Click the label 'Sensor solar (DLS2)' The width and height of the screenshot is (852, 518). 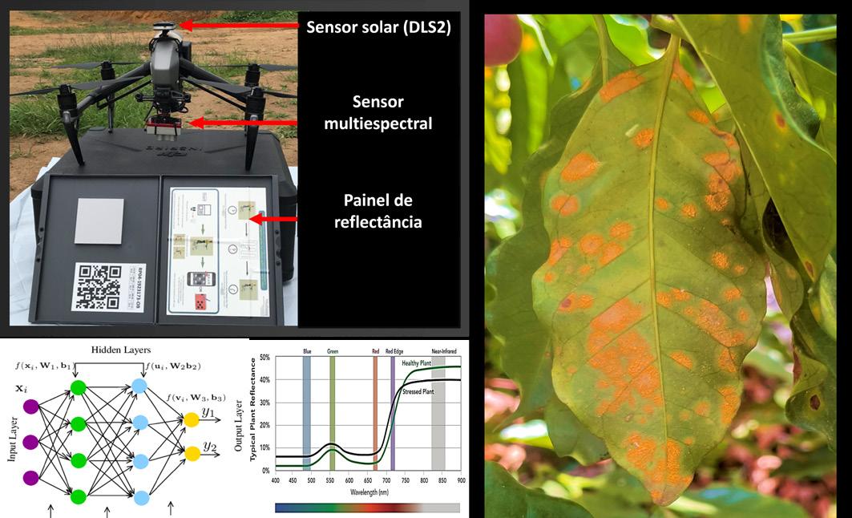tap(379, 27)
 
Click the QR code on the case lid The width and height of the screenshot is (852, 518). tap(97, 286)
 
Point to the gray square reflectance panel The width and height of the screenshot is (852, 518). tap(99, 221)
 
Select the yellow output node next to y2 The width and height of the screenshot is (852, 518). tap(192, 453)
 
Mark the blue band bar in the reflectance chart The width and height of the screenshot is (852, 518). tap(306, 413)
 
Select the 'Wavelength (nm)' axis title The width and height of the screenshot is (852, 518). tap(368, 490)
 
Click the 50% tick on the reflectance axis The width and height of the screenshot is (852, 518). tap(264, 358)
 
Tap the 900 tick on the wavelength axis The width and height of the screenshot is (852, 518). tap(460, 480)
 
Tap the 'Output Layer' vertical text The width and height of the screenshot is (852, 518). tap(239, 425)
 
